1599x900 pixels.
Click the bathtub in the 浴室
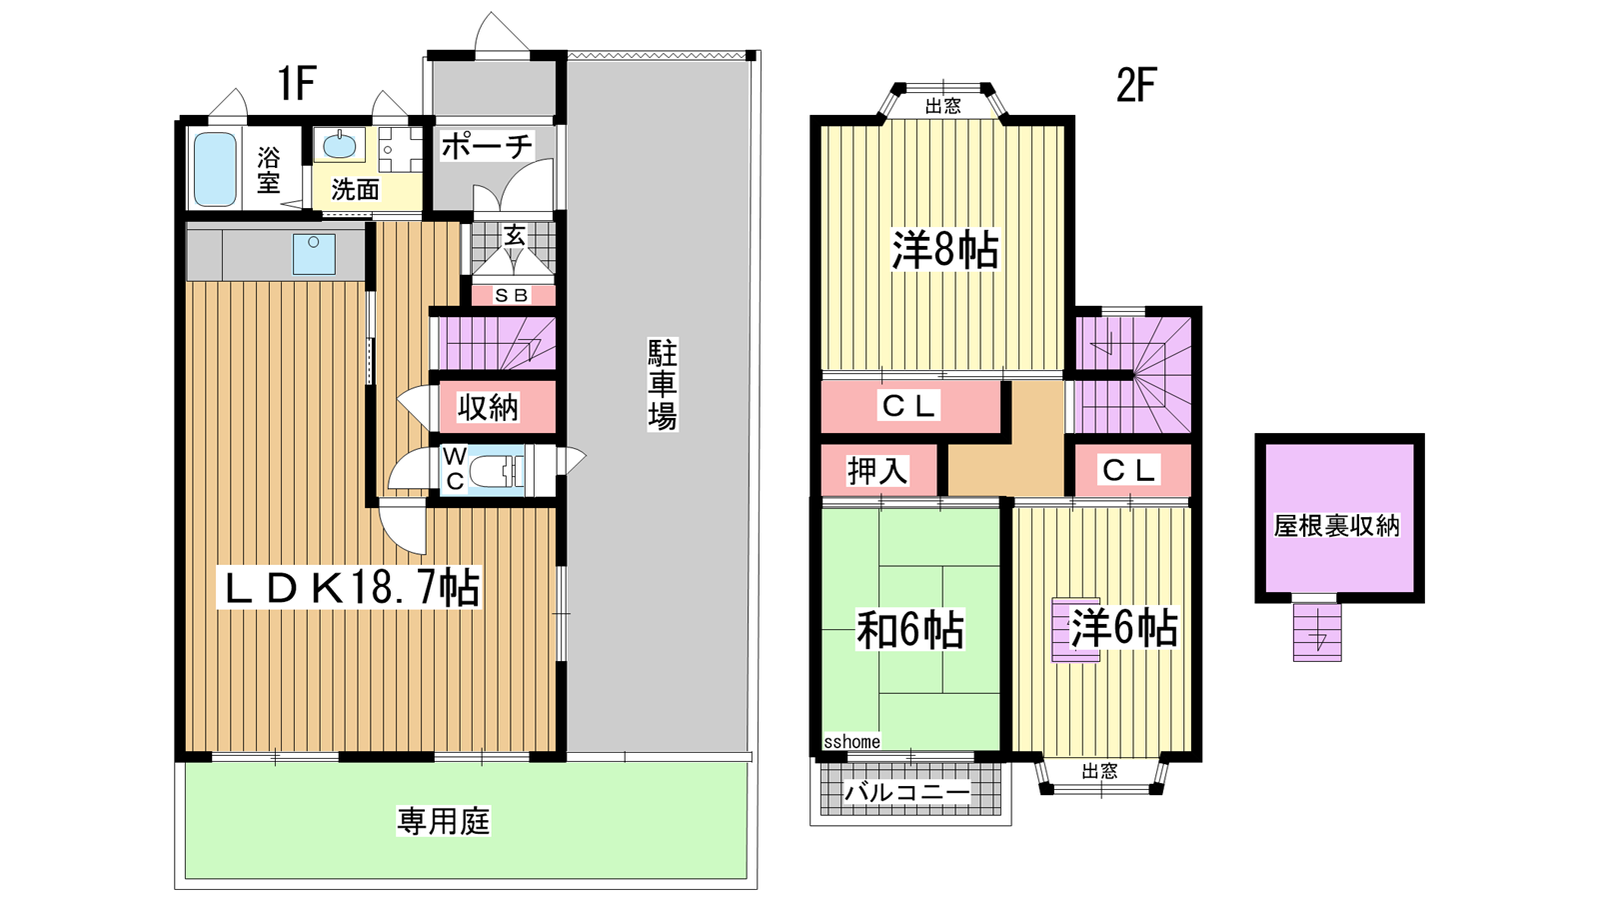click(x=215, y=169)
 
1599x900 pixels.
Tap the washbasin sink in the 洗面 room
click(x=339, y=146)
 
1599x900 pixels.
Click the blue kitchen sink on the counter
click(x=314, y=254)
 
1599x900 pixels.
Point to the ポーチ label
click(x=487, y=146)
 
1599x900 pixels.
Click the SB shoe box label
click(x=512, y=295)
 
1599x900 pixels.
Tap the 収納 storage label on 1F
click(x=489, y=407)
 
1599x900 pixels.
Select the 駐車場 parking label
click(x=662, y=385)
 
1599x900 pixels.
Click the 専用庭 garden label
click(x=444, y=821)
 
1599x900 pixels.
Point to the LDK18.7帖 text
click(x=350, y=588)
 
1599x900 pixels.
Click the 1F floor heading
click(x=296, y=84)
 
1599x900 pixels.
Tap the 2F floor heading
click(x=1135, y=86)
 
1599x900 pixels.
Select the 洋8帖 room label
click(x=944, y=249)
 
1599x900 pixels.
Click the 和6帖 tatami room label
click(x=910, y=629)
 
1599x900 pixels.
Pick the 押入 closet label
click(x=877, y=471)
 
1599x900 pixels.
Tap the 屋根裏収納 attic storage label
click(x=1337, y=526)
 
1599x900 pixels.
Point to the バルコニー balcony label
click(x=907, y=792)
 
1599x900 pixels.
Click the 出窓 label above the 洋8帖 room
click(x=943, y=106)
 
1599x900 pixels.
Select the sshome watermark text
click(x=851, y=741)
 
